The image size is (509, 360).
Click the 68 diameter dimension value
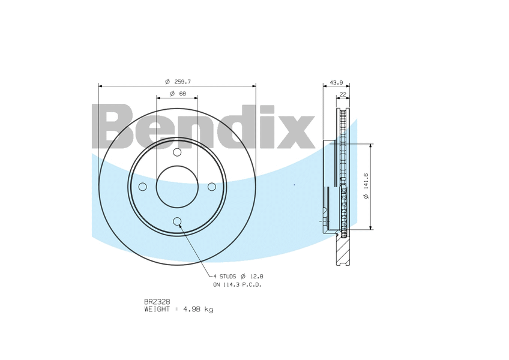click(182, 94)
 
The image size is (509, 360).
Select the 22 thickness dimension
click(343, 94)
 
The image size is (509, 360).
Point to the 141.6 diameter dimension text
click(366, 187)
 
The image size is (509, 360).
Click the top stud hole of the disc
click(177, 152)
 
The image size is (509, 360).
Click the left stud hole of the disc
click(142, 187)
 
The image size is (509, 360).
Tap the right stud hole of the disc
click(212, 187)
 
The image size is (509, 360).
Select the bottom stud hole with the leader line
click(177, 222)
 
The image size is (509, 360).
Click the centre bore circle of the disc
click(177, 187)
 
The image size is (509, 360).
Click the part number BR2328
click(157, 302)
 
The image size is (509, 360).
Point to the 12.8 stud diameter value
click(257, 276)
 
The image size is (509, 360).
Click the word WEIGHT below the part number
click(157, 310)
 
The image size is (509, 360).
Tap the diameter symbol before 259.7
click(167, 81)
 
